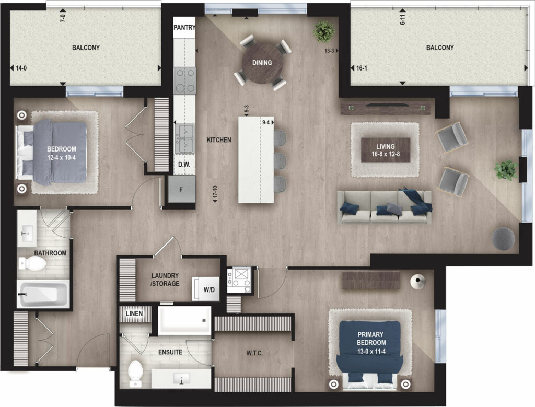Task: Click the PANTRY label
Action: [x=184, y=27]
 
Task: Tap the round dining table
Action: [x=262, y=62]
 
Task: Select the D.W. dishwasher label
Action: [x=184, y=165]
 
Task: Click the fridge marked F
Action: [x=181, y=189]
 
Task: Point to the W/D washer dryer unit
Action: [x=206, y=288]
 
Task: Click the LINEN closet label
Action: [x=134, y=313]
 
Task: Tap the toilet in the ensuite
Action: [x=135, y=374]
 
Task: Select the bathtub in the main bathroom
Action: [x=43, y=294]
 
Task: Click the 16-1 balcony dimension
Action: [x=362, y=68]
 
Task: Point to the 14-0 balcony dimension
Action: [x=21, y=68]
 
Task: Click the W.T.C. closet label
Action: [x=254, y=353]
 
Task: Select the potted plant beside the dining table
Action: [x=324, y=32]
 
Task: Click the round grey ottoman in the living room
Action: [x=503, y=238]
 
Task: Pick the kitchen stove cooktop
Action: [x=184, y=80]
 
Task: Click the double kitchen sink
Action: [x=184, y=139]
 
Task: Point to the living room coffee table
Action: [x=386, y=150]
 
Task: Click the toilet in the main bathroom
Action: [x=32, y=263]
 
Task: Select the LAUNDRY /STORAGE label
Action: [x=165, y=280]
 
